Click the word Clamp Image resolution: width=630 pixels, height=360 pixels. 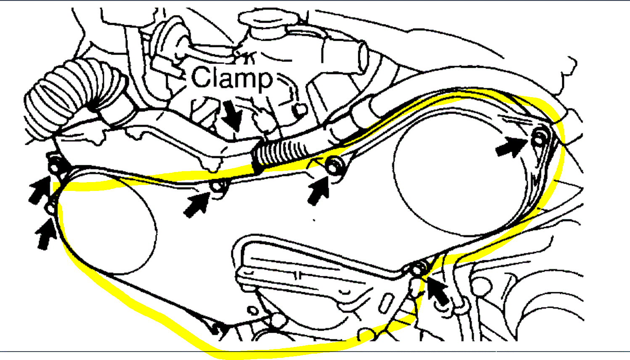click(x=232, y=78)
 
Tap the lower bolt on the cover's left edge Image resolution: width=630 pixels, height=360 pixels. click(x=51, y=208)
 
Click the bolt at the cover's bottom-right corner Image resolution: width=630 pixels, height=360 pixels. click(x=418, y=268)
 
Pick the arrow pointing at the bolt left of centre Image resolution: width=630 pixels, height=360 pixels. click(x=197, y=204)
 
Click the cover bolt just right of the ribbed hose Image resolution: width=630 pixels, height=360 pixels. click(x=334, y=164)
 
